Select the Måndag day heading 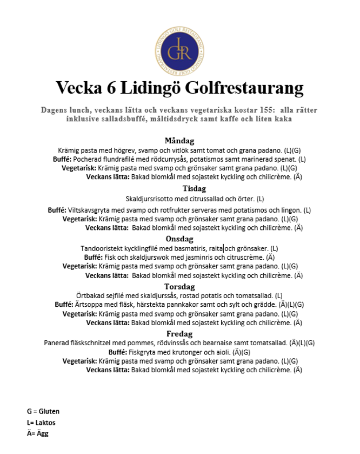(179, 141)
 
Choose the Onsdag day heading (179, 239)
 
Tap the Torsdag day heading (179, 286)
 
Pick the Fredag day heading (179, 334)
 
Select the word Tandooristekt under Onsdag (102, 248)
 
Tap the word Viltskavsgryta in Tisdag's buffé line (86, 210)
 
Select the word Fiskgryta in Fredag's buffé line (142, 352)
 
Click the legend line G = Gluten (43, 411)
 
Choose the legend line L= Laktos (41, 423)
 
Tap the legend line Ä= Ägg (38, 433)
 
